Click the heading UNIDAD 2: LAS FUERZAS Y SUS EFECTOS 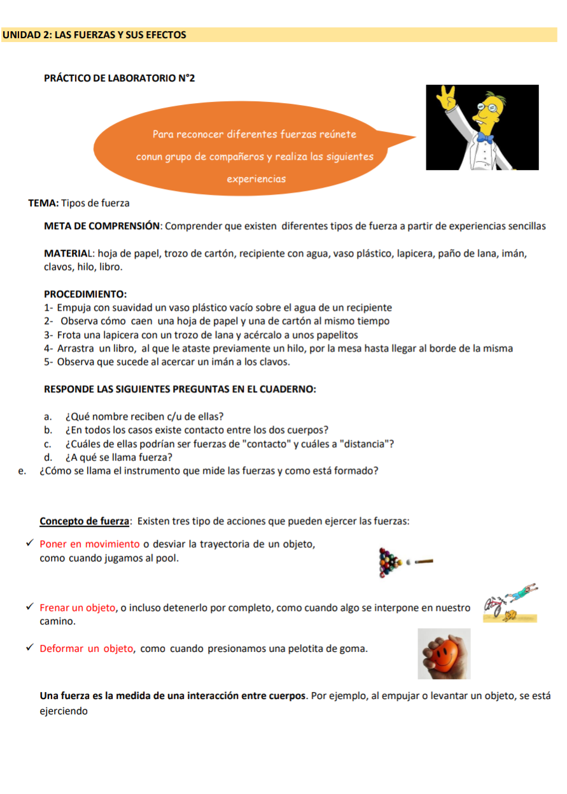pyautogui.click(x=94, y=35)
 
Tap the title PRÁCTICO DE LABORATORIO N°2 pyautogui.click(x=119, y=78)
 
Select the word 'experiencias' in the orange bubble pyautogui.click(x=256, y=179)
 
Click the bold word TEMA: pyautogui.click(x=43, y=203)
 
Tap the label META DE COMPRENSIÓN pyautogui.click(x=101, y=226)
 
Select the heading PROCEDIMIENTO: pyautogui.click(x=85, y=294)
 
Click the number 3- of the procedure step pyautogui.click(x=49, y=335)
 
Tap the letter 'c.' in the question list pyautogui.click(x=48, y=444)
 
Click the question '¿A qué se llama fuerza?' pyautogui.click(x=119, y=457)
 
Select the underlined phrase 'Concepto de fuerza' pyautogui.click(x=85, y=521)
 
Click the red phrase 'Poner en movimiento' pyautogui.click(x=90, y=544)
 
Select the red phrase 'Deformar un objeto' pyautogui.click(x=87, y=649)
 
